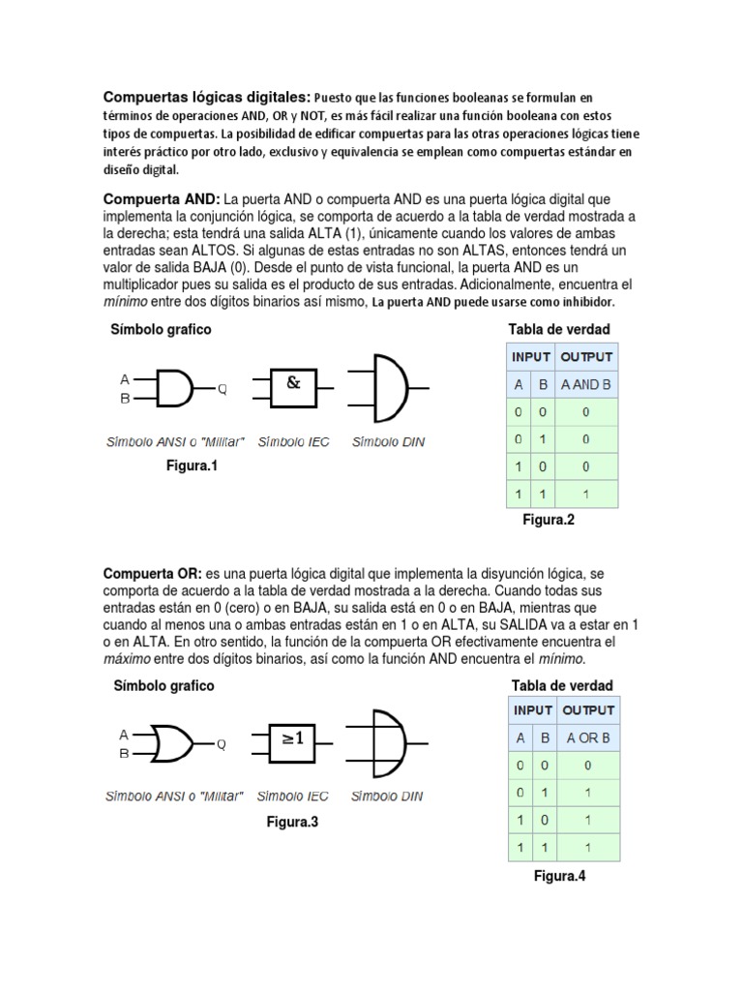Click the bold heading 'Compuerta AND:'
click(x=163, y=198)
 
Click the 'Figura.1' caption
click(x=193, y=466)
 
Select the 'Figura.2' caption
click(x=549, y=520)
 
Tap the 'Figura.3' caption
click(x=292, y=822)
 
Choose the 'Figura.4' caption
click(x=560, y=877)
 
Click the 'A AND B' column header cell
click(x=587, y=384)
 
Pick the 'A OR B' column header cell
click(x=587, y=737)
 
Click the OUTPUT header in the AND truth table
click(x=587, y=357)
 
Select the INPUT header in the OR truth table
click(x=533, y=710)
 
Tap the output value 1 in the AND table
click(x=587, y=494)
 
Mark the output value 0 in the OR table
click(x=587, y=765)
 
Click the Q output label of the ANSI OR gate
click(x=222, y=744)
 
